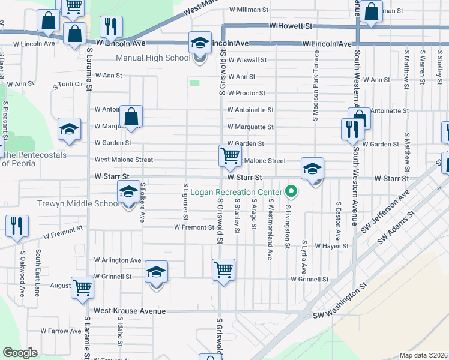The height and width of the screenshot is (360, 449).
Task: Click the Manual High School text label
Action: (152, 58)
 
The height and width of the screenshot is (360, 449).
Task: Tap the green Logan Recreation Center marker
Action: (292, 192)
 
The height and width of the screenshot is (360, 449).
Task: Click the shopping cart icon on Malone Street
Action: (231, 155)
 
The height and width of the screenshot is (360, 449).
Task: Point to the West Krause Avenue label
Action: (129, 311)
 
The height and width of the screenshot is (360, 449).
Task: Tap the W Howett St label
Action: (291, 26)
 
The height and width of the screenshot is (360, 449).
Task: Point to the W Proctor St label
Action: (246, 93)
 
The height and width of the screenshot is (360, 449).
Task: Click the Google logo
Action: (20, 352)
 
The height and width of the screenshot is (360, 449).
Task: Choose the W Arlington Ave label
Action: (118, 260)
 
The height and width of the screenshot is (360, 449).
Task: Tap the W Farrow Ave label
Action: (61, 331)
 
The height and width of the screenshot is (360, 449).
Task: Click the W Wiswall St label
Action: (247, 60)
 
